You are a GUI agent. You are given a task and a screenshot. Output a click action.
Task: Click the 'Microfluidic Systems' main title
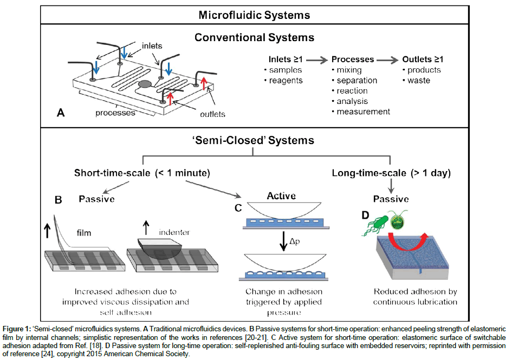pyautogui.click(x=254, y=15)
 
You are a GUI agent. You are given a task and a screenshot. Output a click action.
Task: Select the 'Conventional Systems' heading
pyautogui.click(x=254, y=38)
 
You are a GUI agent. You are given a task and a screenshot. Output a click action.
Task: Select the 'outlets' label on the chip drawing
pyautogui.click(x=212, y=114)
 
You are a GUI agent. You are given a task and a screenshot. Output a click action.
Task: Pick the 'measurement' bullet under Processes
pyautogui.click(x=363, y=112)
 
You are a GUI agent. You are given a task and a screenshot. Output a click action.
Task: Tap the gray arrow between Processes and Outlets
pyautogui.click(x=389, y=59)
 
